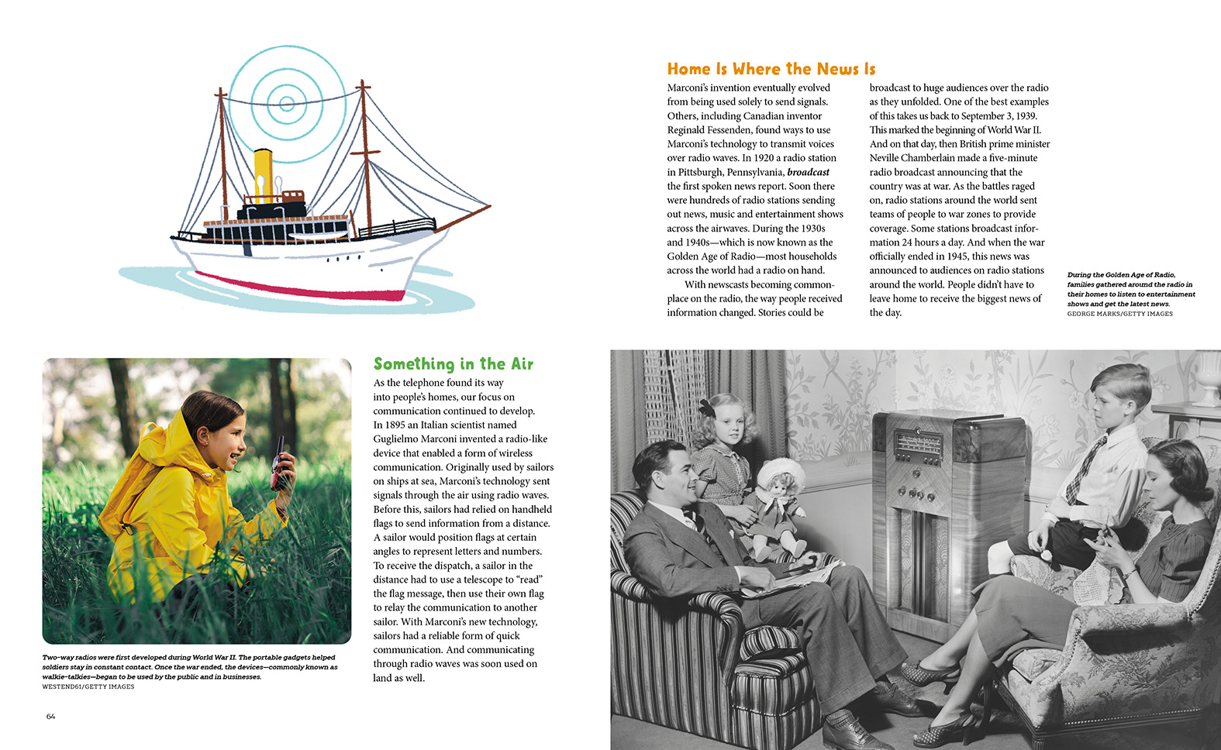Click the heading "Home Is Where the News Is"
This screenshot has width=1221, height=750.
point(771,69)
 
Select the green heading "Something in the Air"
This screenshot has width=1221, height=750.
point(453,364)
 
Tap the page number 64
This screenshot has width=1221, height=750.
point(50,717)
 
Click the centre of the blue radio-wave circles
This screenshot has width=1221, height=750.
point(286,103)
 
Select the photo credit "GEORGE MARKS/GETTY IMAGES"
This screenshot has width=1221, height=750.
point(1119,314)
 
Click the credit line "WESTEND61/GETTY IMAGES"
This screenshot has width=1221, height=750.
point(88,686)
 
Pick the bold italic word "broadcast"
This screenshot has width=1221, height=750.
point(808,172)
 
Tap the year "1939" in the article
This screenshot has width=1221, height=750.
point(1026,115)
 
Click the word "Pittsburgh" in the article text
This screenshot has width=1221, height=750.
point(702,172)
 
